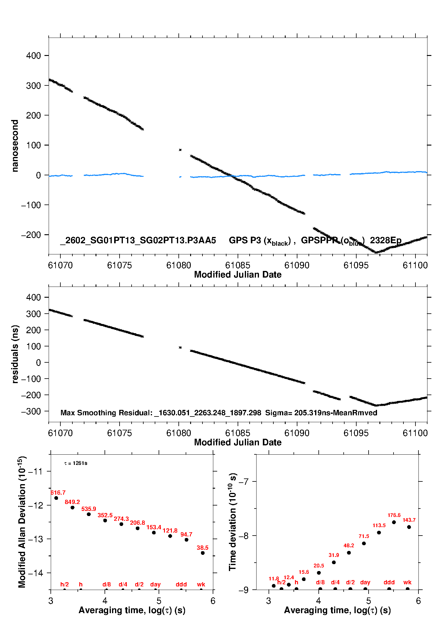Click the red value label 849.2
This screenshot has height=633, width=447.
[x=72, y=502]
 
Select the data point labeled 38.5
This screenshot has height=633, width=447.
[x=203, y=553]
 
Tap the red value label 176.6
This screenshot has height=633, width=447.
[x=394, y=515]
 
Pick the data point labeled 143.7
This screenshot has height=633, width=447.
[x=409, y=527]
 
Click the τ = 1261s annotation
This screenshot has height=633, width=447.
[x=76, y=463]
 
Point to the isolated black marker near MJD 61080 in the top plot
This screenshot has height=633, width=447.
[x=180, y=150]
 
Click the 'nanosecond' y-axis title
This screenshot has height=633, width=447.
[x=15, y=146]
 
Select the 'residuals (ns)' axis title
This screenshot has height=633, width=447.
[x=15, y=354]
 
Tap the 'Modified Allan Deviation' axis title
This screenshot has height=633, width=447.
[x=22, y=522]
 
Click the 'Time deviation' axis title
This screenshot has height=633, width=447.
[x=233, y=522]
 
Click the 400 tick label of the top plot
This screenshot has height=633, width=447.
[x=33, y=56]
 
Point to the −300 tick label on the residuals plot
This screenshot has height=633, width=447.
[x=31, y=411]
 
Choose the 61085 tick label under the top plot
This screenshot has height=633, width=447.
[x=238, y=265]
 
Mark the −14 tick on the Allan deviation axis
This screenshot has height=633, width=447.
[x=36, y=573]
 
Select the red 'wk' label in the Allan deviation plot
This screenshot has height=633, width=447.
[x=201, y=584]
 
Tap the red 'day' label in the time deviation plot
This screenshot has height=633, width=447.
[x=365, y=582]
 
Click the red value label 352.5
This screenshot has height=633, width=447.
[x=105, y=515]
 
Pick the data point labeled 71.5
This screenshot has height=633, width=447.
[x=364, y=543]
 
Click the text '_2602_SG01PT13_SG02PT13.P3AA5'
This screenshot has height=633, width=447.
[x=138, y=240]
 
